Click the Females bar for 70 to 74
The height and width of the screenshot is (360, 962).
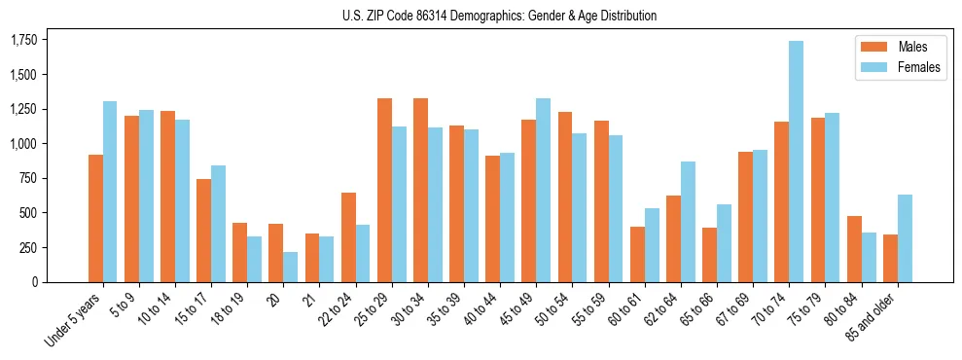click(796, 162)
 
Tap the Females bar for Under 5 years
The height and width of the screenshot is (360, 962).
click(110, 192)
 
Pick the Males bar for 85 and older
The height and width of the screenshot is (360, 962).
click(890, 258)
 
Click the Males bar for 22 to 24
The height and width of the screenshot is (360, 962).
click(348, 237)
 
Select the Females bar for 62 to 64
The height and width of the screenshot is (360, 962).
click(688, 222)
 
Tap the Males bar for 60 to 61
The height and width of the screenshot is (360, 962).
click(637, 254)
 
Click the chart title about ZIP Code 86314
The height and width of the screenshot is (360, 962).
click(499, 16)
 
